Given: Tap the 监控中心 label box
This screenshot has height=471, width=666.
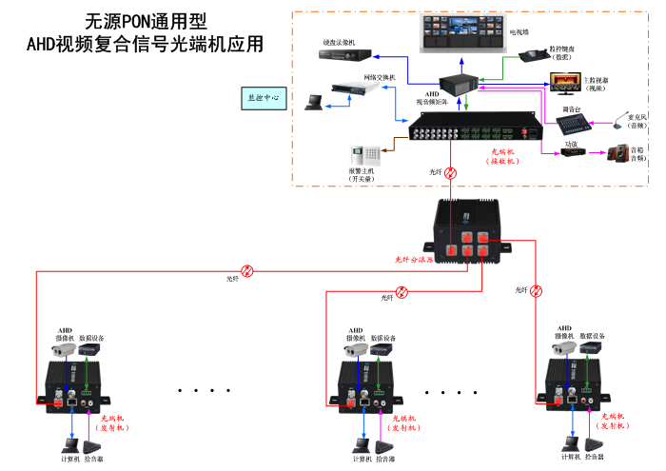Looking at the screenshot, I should pos(264,97).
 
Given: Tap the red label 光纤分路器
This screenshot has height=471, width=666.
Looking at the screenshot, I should pos(415,259).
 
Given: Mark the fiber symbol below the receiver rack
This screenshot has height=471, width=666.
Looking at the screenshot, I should pos(452,173).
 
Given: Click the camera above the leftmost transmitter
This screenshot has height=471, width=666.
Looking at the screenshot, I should pos(64,349).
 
